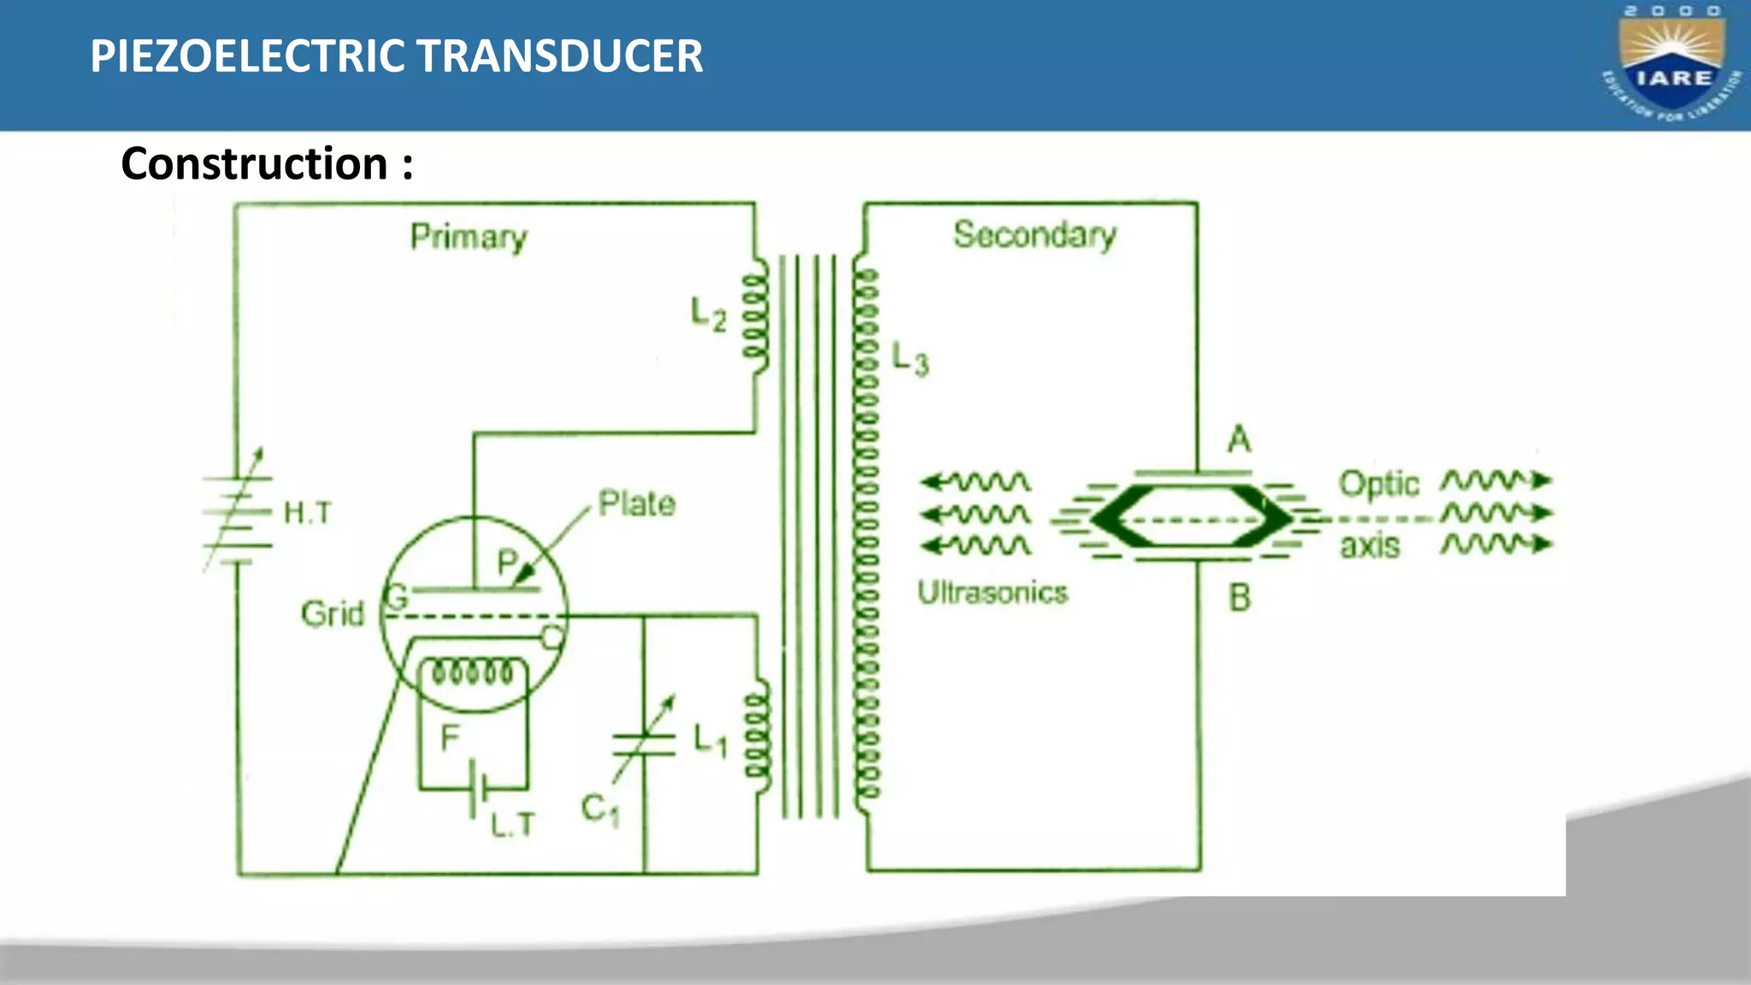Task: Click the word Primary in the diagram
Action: (x=469, y=237)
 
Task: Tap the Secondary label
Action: (x=1035, y=234)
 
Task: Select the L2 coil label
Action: (x=709, y=315)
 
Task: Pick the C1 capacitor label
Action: (x=600, y=809)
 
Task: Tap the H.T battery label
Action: (x=307, y=512)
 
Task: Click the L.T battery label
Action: (x=513, y=824)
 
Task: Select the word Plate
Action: (x=637, y=504)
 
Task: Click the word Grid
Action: (x=332, y=614)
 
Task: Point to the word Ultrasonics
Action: (x=993, y=593)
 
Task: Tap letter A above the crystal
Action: (x=1240, y=440)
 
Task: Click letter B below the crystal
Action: (x=1240, y=598)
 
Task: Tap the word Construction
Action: (x=255, y=163)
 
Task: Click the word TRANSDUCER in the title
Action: (x=559, y=56)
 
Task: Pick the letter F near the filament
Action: (x=450, y=737)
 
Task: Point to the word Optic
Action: (x=1378, y=484)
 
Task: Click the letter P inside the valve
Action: (x=507, y=563)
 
